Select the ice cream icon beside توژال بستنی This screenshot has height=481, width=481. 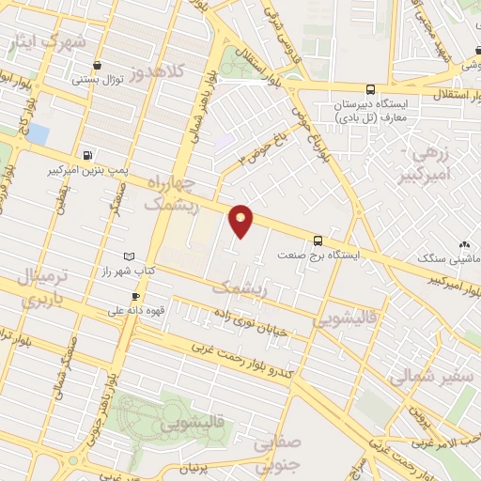99,65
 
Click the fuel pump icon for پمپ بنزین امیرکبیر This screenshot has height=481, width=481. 87,156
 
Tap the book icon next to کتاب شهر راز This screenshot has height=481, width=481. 130,256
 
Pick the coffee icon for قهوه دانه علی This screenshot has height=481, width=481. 136,297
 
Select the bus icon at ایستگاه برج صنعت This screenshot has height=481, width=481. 318,240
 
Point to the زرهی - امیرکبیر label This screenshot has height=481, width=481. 433,163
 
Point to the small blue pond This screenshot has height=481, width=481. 39,133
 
